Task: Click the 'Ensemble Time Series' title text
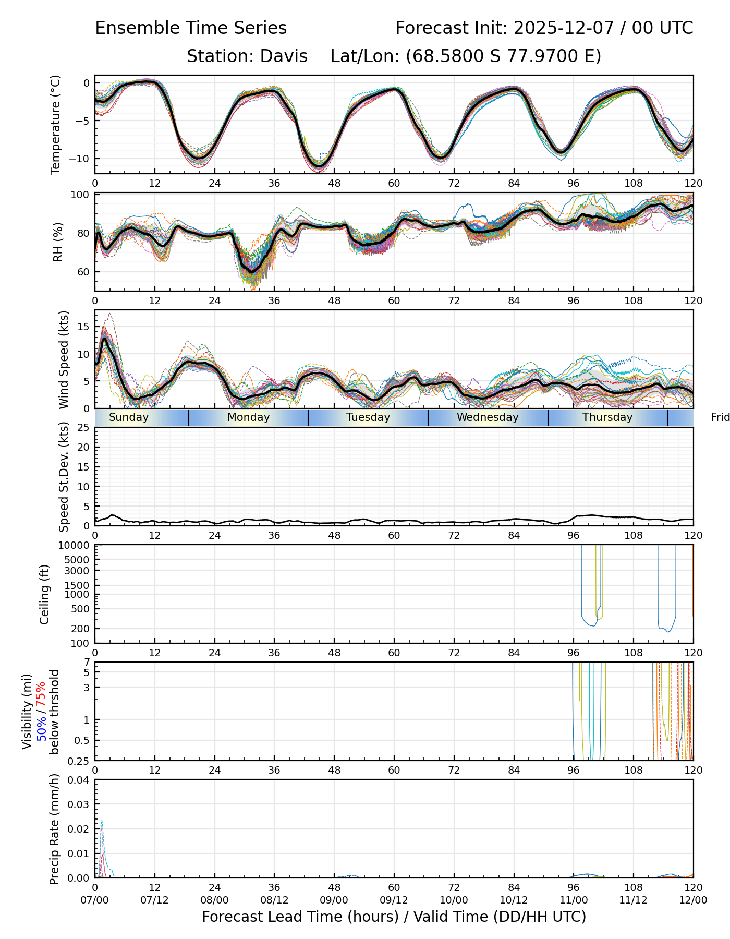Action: click(x=191, y=28)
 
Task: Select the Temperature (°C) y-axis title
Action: click(x=56, y=124)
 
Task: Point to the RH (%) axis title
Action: click(x=58, y=242)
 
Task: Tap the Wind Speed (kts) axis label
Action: click(x=64, y=359)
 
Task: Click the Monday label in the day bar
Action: click(x=249, y=417)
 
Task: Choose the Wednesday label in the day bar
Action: click(x=488, y=417)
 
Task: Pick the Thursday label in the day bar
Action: click(x=607, y=417)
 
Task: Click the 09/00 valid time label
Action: click(x=334, y=900)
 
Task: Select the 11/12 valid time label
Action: click(x=634, y=900)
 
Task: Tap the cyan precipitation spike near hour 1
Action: click(x=102, y=822)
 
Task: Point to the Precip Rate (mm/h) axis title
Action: click(x=55, y=829)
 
